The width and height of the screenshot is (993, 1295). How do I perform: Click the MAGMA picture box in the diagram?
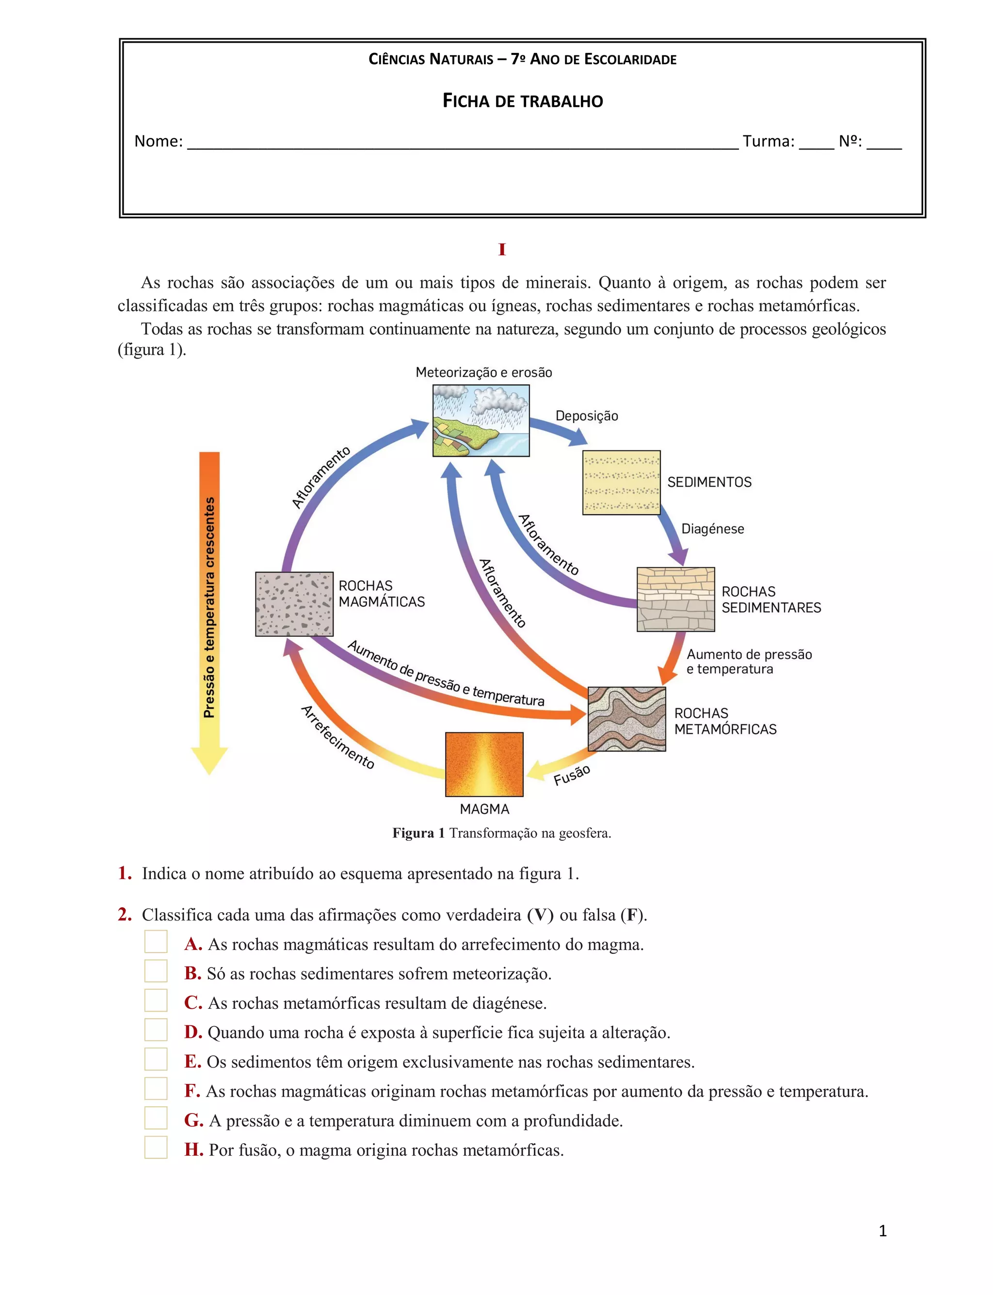pyautogui.click(x=484, y=764)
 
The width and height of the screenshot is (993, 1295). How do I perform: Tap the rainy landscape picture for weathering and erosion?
pyautogui.click(x=481, y=421)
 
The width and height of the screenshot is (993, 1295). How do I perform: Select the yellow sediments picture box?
pyautogui.click(x=621, y=482)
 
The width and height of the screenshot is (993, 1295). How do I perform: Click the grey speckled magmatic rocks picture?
pyautogui.click(x=294, y=604)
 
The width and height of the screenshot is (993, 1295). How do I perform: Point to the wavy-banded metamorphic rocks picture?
pyautogui.click(x=626, y=719)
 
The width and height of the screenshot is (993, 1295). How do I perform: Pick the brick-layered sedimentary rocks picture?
pyautogui.click(x=675, y=599)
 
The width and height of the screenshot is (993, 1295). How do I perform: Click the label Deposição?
pyautogui.click(x=586, y=416)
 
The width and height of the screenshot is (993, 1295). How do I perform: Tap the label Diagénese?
pyautogui.click(x=712, y=529)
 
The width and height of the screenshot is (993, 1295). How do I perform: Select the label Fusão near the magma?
pyautogui.click(x=572, y=775)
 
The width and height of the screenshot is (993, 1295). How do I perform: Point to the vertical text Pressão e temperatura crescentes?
pyautogui.click(x=209, y=607)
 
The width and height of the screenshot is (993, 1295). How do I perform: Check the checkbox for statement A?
pyautogui.click(x=156, y=941)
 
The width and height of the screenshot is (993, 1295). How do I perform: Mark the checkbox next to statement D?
pyautogui.click(x=156, y=1030)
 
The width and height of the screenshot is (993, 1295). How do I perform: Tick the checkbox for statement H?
pyautogui.click(x=156, y=1147)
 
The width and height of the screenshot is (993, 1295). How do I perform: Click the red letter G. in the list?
pyautogui.click(x=194, y=1120)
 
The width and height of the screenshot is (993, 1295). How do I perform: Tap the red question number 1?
pyautogui.click(x=125, y=873)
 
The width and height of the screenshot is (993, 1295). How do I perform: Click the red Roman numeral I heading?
pyautogui.click(x=502, y=249)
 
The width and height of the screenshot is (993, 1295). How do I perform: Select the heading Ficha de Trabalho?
pyautogui.click(x=523, y=101)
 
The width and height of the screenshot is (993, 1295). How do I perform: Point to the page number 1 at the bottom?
pyautogui.click(x=882, y=1231)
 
